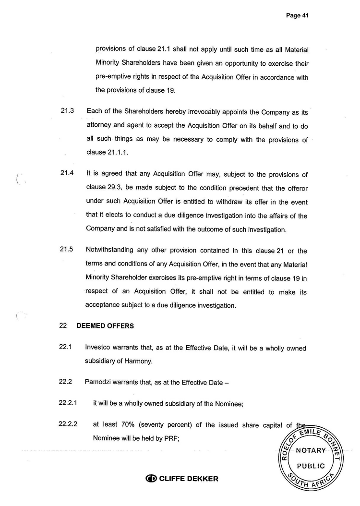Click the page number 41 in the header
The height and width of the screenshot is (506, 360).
click(x=305, y=15)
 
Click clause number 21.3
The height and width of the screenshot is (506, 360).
click(x=67, y=111)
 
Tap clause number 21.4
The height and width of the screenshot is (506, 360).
click(x=67, y=174)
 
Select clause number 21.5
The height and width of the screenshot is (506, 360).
click(x=67, y=251)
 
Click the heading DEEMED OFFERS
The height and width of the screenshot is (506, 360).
click(x=105, y=325)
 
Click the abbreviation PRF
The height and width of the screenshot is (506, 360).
click(x=172, y=438)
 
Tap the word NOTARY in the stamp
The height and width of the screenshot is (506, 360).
click(x=311, y=450)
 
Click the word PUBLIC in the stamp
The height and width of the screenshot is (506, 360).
click(x=311, y=466)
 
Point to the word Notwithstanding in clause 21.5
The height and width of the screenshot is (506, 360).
click(x=111, y=251)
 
